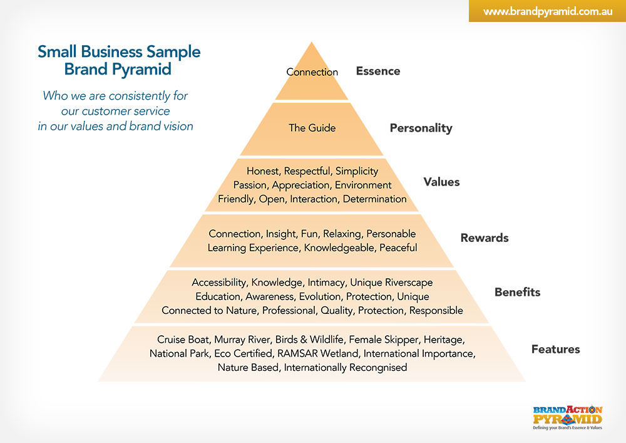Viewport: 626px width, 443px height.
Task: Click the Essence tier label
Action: (x=377, y=71)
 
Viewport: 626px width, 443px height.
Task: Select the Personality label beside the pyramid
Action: (x=421, y=128)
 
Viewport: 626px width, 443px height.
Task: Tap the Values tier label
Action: (x=441, y=182)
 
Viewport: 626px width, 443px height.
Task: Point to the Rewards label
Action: (x=485, y=238)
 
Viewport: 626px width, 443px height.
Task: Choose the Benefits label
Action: (x=517, y=292)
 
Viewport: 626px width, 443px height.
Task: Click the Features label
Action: (x=555, y=349)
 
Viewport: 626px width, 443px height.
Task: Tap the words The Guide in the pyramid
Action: (x=312, y=128)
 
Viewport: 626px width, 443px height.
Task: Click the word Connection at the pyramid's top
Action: (x=312, y=72)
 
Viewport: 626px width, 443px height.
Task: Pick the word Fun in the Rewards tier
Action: (x=309, y=234)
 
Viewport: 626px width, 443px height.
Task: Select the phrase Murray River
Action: (x=240, y=340)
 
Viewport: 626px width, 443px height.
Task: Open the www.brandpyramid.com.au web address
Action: (x=546, y=12)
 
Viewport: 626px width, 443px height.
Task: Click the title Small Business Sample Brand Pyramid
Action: (x=119, y=60)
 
